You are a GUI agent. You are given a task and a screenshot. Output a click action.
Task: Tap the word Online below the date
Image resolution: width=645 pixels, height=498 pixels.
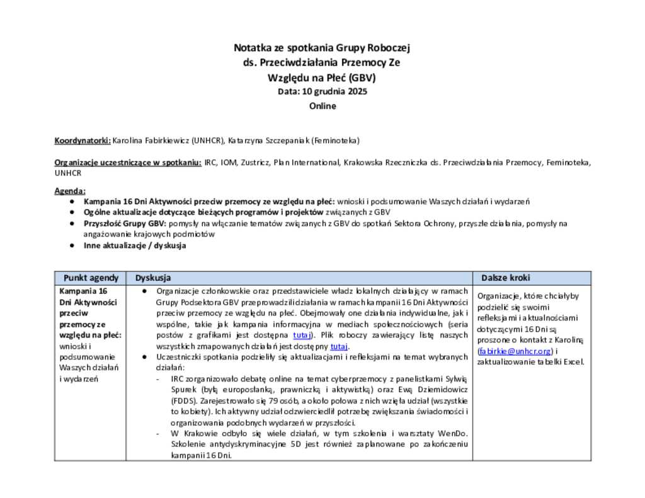pos(322,106)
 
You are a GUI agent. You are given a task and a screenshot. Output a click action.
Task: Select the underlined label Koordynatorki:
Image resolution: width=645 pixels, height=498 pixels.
pos(83,140)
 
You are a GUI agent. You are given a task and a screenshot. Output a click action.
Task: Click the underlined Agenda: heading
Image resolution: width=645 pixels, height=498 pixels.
pos(70,191)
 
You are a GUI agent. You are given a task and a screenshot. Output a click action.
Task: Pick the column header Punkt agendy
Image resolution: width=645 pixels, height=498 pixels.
pos(91,278)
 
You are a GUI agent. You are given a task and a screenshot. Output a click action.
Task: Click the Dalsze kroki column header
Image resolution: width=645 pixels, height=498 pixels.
pos(506,278)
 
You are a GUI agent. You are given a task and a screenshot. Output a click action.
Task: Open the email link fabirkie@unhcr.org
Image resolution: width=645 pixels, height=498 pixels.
pos(515,351)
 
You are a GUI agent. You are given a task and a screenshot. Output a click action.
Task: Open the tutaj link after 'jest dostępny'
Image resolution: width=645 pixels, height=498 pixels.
pos(339,346)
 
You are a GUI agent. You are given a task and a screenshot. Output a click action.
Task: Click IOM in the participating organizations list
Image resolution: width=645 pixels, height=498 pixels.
pos(229,162)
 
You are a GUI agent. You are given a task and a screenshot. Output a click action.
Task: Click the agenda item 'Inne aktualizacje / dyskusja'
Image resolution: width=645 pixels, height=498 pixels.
pos(135,246)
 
